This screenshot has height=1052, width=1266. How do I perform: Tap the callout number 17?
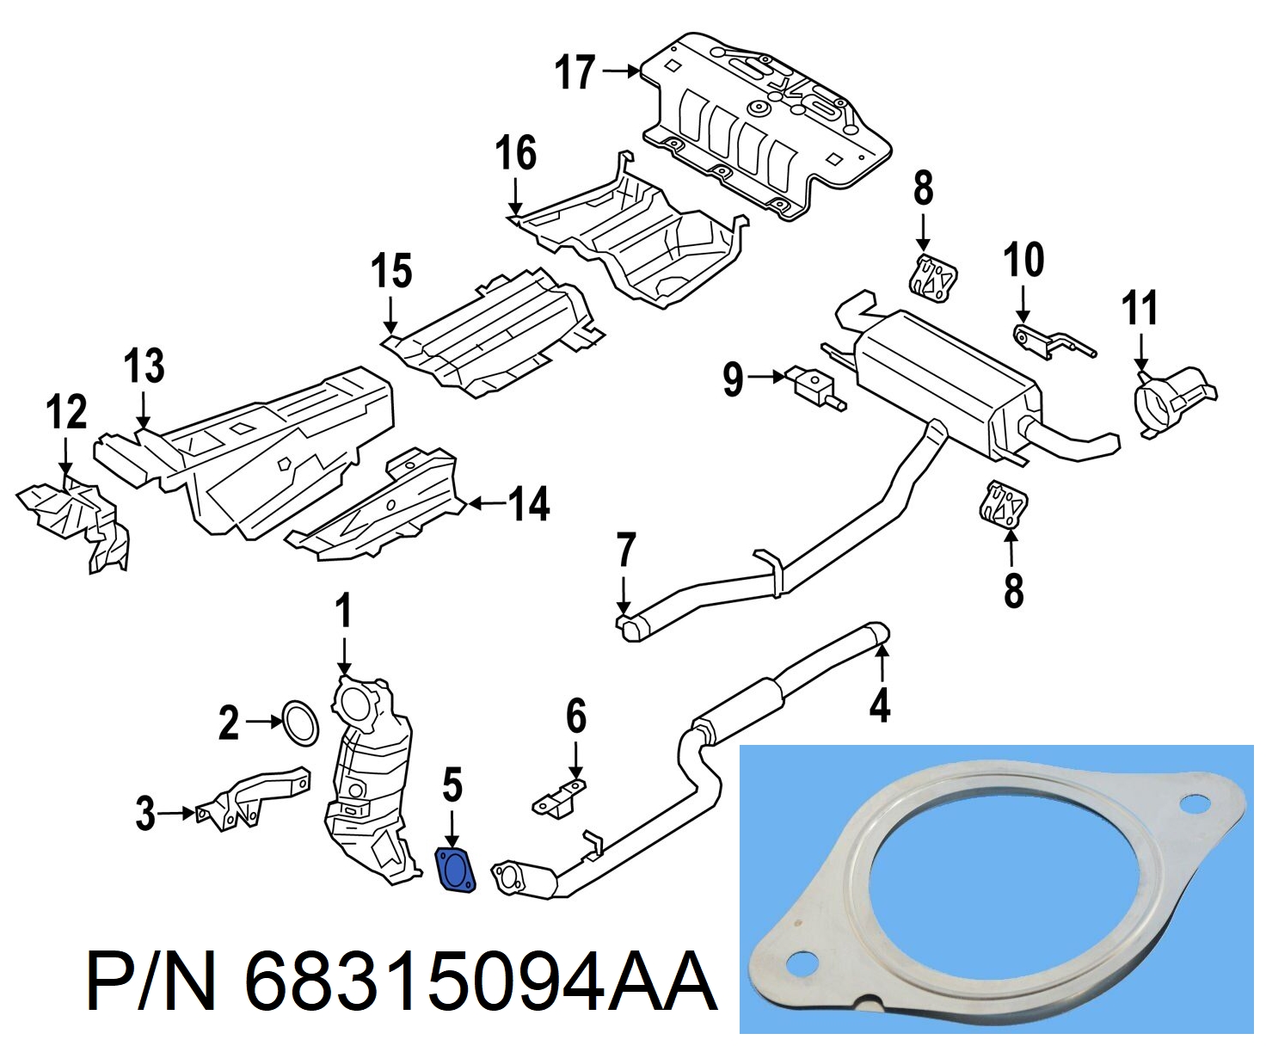575,72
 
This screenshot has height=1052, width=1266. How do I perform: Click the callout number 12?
67,411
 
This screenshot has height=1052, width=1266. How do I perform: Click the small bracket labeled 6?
560,800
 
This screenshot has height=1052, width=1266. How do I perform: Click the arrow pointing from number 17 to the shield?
621,71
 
